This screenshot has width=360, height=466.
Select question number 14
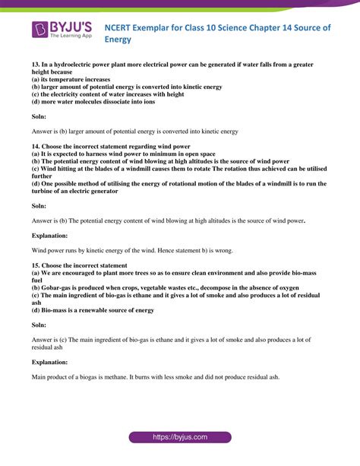click(x=36, y=145)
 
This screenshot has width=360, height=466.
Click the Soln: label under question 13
click(x=39, y=118)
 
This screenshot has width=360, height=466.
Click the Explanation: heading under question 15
click(x=50, y=362)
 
